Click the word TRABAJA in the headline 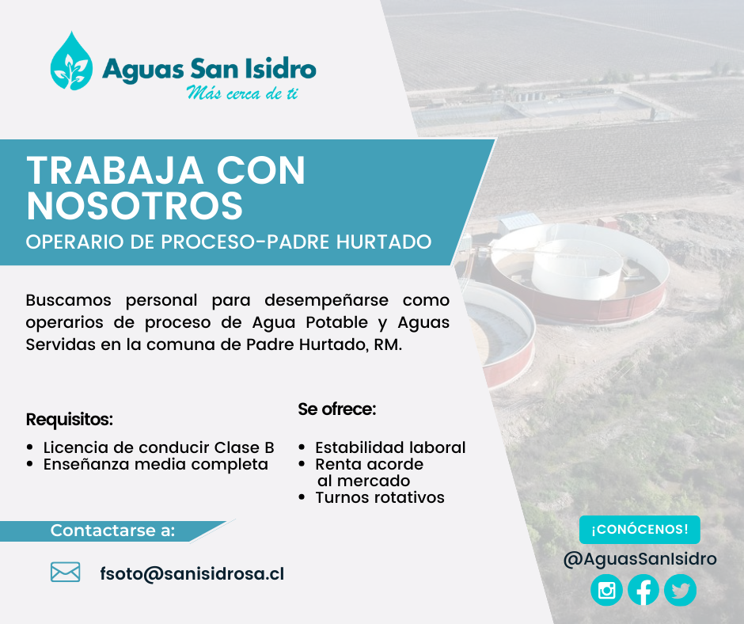115,171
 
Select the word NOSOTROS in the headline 135,206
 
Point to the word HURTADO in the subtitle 384,242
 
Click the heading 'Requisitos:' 70,420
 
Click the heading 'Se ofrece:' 337,409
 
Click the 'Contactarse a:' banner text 113,531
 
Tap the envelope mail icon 65,572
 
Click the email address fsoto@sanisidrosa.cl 192,573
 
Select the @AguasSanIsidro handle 640,559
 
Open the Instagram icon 606,590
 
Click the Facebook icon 643,590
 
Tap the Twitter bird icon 681,590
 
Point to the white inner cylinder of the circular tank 576,268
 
